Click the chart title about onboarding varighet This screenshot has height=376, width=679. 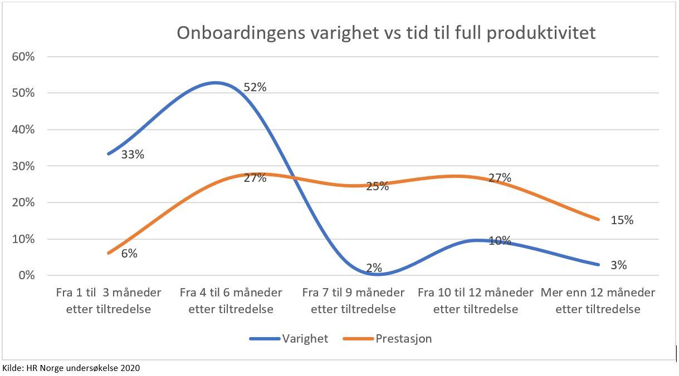[x=386, y=33]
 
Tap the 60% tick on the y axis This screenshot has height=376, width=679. [x=23, y=57]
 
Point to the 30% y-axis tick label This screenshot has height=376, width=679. [x=23, y=166]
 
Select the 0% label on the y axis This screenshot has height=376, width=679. [x=26, y=276]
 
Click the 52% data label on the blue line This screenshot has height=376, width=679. [x=255, y=87]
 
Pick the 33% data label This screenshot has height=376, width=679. [x=133, y=155]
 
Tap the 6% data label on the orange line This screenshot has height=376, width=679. [x=129, y=254]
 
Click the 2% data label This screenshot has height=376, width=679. [x=374, y=268]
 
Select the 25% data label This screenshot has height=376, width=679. [x=377, y=186]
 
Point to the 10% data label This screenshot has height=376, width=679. [x=500, y=241]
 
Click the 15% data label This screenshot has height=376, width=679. [x=622, y=220]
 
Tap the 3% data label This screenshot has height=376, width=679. [x=618, y=265]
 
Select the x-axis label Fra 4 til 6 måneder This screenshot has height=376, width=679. [x=231, y=300]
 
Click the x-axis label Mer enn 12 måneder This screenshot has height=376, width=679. [x=598, y=300]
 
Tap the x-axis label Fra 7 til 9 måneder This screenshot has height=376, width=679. [x=353, y=300]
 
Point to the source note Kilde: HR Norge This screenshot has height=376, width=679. [x=71, y=368]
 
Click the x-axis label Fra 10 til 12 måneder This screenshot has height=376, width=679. [x=476, y=300]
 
